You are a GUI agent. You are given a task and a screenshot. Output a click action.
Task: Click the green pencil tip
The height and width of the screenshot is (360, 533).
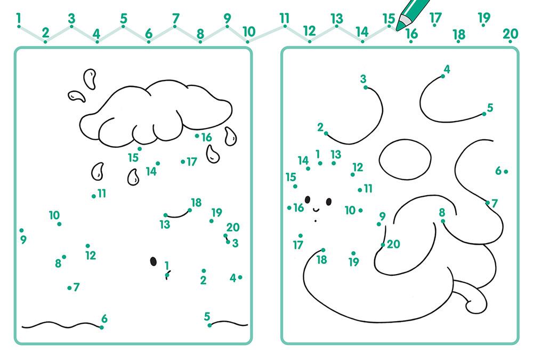click(398, 28)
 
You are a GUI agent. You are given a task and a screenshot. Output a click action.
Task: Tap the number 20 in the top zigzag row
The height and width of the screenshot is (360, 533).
click(510, 34)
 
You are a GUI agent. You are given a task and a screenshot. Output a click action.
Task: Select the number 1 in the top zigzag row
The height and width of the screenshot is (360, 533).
click(18, 18)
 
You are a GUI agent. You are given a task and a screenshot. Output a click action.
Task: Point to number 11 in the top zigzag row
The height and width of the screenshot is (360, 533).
click(285, 18)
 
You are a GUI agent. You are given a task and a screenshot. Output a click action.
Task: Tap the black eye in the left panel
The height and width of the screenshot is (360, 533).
click(154, 261)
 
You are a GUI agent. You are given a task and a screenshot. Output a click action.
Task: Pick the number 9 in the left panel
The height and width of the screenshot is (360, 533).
click(23, 239)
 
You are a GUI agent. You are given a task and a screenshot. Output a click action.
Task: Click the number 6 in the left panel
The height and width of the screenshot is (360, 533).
click(104, 318)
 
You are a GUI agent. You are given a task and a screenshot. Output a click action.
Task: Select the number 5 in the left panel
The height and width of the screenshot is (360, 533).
click(207, 316)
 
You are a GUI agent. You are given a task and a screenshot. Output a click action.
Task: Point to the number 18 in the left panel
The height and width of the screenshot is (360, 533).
click(196, 203)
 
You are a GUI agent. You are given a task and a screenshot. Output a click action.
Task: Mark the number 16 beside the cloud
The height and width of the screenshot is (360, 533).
click(206, 137)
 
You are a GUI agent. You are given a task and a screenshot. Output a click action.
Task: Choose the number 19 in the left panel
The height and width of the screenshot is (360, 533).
click(216, 213)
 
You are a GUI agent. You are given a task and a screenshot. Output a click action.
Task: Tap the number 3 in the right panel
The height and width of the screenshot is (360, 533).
click(363, 79)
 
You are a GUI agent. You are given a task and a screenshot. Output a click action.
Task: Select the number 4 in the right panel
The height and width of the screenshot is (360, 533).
click(447, 69)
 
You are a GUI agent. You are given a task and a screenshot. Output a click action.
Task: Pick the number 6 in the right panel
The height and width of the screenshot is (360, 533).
click(498, 171)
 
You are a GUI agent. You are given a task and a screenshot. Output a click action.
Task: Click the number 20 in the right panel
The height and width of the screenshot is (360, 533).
click(393, 244)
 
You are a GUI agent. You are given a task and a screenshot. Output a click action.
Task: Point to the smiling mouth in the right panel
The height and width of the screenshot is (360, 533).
click(316, 209)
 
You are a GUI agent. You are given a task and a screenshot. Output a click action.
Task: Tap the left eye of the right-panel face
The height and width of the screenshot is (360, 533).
click(308, 200)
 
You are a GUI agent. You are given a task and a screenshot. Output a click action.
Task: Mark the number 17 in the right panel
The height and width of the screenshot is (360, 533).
click(298, 245)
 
